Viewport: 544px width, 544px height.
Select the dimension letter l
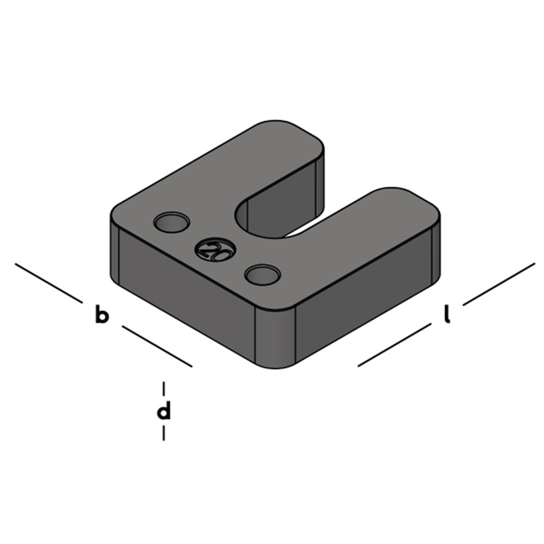click(x=447, y=315)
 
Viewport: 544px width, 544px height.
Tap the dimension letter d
click(x=163, y=411)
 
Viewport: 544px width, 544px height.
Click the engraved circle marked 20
click(x=215, y=250)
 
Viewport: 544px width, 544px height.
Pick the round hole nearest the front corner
click(x=262, y=274)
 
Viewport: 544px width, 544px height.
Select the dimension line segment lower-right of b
click(x=157, y=347)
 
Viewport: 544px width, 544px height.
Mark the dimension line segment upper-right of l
click(x=499, y=284)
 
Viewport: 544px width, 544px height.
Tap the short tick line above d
click(x=163, y=388)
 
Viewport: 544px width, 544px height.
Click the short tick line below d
click(x=163, y=433)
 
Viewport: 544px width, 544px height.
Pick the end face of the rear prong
click(x=321, y=182)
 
